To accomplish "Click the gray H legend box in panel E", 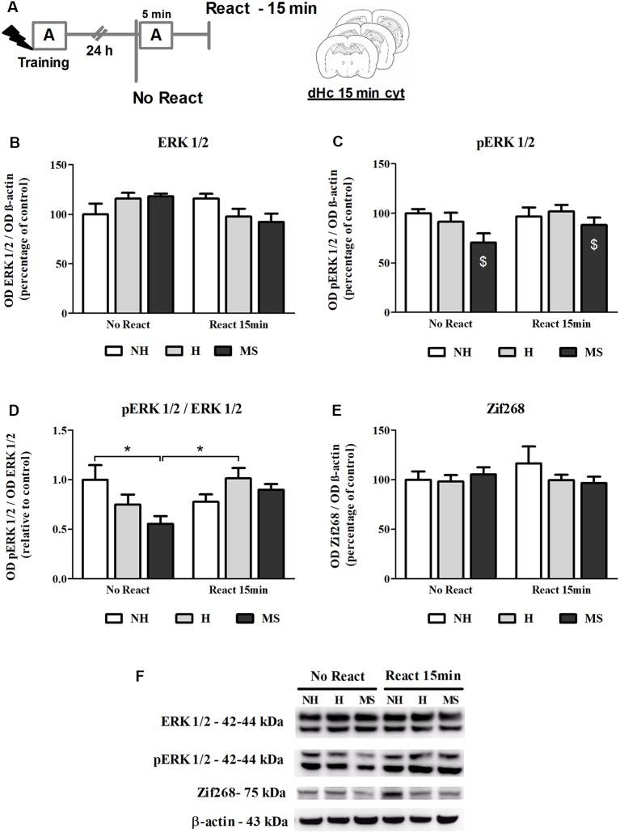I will (x=486, y=619).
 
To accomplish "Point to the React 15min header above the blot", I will (x=422, y=676).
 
